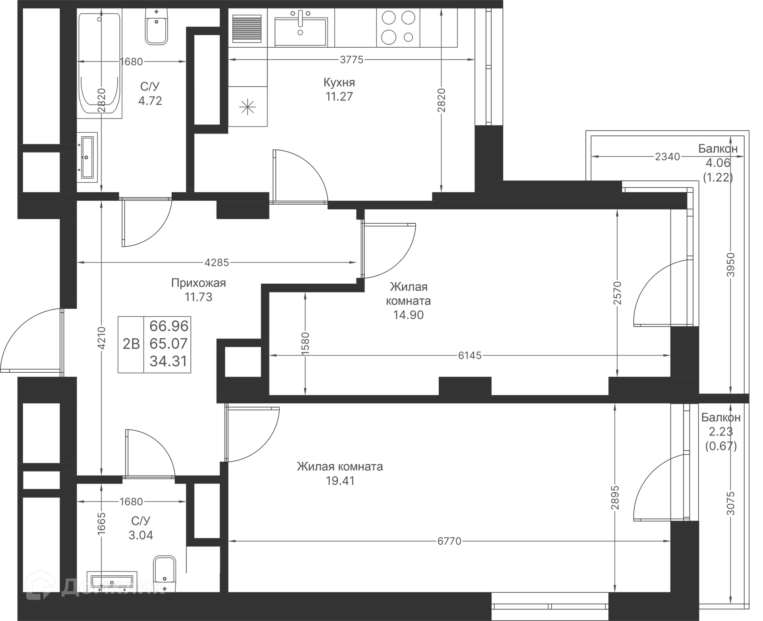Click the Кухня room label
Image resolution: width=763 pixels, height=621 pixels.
tap(339, 83)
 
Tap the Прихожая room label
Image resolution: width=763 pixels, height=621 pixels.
tap(198, 283)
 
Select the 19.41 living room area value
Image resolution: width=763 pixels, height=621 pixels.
tap(340, 481)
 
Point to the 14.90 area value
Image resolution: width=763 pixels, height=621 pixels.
tap(408, 315)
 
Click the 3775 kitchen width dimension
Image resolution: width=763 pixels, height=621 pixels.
tap(351, 60)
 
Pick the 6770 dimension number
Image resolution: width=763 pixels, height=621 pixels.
tap(449, 541)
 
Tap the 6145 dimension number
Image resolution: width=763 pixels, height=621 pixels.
tap(469, 355)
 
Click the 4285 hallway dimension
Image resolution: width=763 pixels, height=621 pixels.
tap(217, 262)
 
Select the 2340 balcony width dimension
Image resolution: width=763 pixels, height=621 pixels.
tap(667, 157)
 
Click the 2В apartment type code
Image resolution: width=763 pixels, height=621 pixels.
tap(131, 344)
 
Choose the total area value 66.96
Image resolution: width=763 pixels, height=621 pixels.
tap(168, 326)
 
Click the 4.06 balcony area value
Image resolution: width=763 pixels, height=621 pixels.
tap(718, 163)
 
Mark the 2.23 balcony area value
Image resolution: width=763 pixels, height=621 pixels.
tap(720, 431)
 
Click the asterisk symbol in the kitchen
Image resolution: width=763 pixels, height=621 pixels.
tap(248, 107)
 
